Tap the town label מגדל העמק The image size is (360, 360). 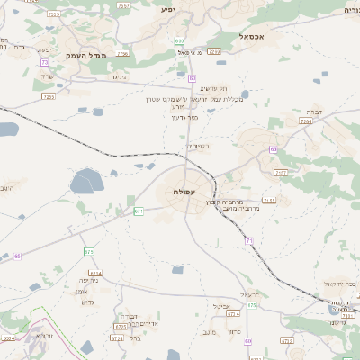85,56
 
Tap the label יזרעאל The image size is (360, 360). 249,294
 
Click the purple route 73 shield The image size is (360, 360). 44,62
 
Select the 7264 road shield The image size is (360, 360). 306,121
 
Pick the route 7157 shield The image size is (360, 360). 281,171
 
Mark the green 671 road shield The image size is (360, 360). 139,211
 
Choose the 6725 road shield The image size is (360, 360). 119,327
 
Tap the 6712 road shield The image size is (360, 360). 286,341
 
